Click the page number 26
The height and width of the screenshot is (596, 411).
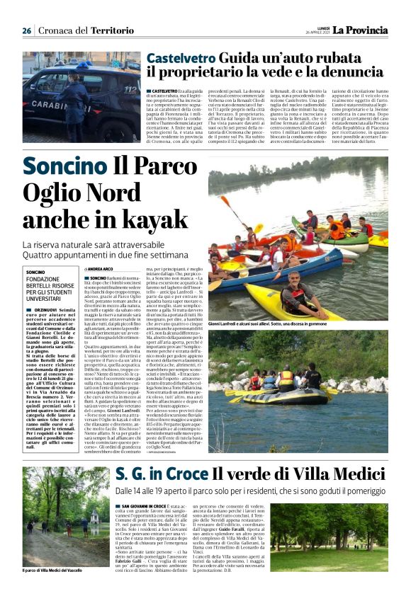tap(27, 30)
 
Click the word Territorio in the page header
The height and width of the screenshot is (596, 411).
tap(117, 30)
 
